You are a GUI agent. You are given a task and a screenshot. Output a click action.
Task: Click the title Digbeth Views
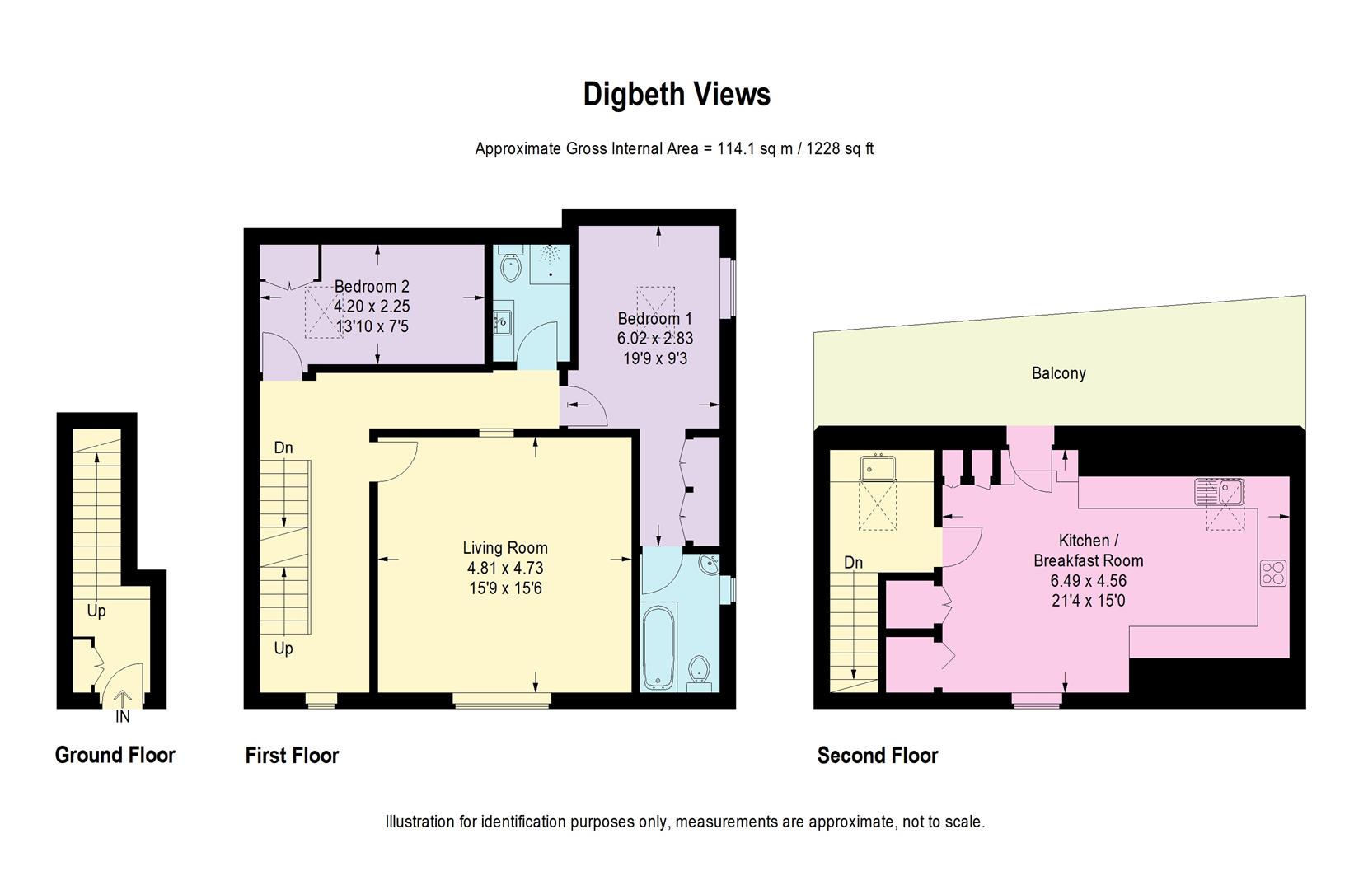677,95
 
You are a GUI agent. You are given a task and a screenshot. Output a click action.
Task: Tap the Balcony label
1058,373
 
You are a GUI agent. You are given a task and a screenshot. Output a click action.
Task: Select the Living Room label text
504,548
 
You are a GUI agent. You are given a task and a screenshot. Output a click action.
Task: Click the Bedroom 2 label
372,287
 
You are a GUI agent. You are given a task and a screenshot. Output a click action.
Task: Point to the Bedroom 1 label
655,319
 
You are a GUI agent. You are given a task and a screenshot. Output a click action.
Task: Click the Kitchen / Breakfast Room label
1088,550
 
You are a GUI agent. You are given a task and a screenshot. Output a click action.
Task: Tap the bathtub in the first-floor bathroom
658,648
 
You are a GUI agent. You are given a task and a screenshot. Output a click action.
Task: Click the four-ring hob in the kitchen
1272,573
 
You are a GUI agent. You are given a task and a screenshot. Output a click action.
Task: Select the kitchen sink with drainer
1219,492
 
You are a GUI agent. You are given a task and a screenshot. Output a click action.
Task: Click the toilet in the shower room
511,266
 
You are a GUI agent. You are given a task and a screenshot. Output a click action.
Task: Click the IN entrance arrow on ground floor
122,700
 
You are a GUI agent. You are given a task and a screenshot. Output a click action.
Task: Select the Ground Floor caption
115,755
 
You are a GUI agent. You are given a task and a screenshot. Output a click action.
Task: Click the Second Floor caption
877,755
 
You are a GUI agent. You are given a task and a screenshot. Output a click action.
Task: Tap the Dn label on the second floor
853,563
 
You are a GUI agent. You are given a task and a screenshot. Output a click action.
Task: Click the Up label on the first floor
283,649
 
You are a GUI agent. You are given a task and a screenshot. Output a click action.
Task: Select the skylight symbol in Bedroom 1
656,305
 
